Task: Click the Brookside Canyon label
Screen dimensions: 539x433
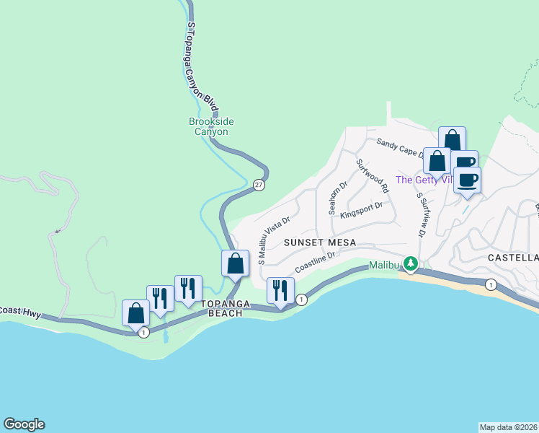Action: [x=208, y=126]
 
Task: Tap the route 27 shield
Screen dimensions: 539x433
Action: [x=258, y=185]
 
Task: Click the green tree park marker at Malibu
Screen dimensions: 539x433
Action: [x=410, y=264]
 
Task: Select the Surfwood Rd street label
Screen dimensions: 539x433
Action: [x=373, y=175]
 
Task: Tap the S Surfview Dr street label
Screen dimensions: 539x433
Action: [x=419, y=214]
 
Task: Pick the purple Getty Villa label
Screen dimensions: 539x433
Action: [x=424, y=180]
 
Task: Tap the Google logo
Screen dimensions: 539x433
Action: [x=24, y=424]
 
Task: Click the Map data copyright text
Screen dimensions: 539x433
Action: [x=508, y=427]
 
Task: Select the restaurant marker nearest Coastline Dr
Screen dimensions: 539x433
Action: [x=280, y=290]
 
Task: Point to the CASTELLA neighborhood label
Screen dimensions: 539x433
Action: [x=513, y=258]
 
